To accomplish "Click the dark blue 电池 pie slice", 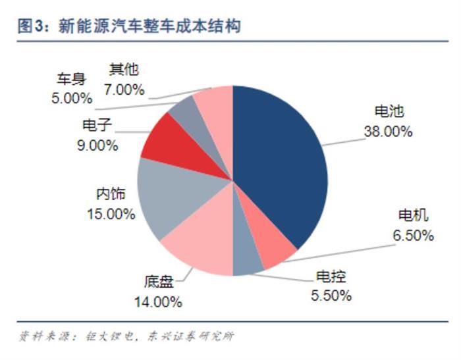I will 283,165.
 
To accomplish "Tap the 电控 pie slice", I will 246,264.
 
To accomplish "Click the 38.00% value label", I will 388,132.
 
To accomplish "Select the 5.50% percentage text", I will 330,296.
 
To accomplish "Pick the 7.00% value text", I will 124,89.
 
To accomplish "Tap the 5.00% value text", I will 71,98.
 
